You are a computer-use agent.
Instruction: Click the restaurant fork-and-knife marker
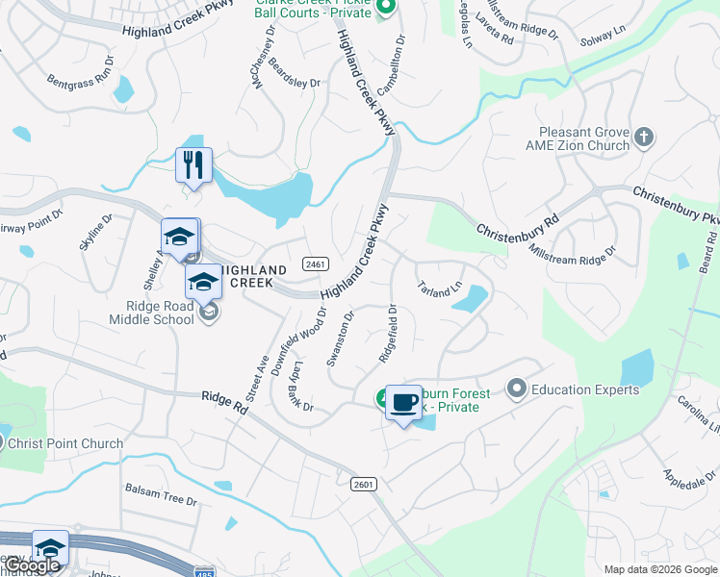(x=193, y=165)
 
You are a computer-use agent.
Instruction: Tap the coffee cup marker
(x=404, y=402)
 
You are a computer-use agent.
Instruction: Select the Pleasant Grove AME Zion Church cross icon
(x=644, y=139)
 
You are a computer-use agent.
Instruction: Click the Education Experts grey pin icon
(x=517, y=389)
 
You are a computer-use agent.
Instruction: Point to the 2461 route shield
(x=315, y=263)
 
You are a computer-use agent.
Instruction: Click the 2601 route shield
(x=363, y=484)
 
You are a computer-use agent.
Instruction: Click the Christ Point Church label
(x=65, y=443)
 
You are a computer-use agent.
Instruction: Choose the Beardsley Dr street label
(x=294, y=77)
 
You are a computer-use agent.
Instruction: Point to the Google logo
(x=32, y=566)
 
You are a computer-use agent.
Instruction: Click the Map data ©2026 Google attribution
(x=660, y=569)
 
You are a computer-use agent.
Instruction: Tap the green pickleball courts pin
(x=385, y=9)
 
